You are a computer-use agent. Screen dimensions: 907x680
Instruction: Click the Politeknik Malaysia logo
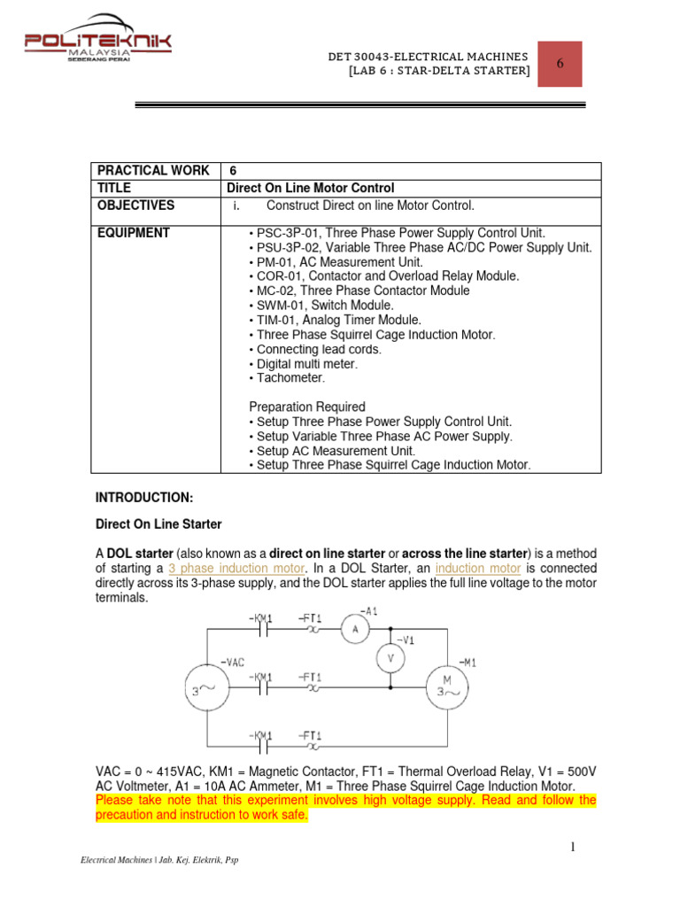pyautogui.click(x=97, y=36)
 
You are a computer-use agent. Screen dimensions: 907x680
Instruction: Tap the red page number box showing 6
pyautogui.click(x=559, y=64)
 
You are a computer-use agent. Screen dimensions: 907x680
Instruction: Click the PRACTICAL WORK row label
pyautogui.click(x=152, y=170)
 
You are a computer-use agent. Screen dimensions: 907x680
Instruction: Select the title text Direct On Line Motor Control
pyautogui.click(x=310, y=188)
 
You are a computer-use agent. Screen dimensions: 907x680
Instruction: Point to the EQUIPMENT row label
pyautogui.click(x=135, y=233)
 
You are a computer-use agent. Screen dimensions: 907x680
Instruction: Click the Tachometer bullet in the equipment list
pyautogui.click(x=290, y=378)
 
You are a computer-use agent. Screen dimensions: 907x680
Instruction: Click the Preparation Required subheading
pyautogui.click(x=306, y=407)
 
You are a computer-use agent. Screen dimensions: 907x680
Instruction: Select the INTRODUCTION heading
pyautogui.click(x=143, y=498)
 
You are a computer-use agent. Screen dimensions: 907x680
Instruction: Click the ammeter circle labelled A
pyautogui.click(x=354, y=628)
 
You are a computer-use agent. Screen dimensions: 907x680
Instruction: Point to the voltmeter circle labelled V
pyautogui.click(x=390, y=658)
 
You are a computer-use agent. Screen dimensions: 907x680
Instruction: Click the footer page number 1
pyautogui.click(x=573, y=849)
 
